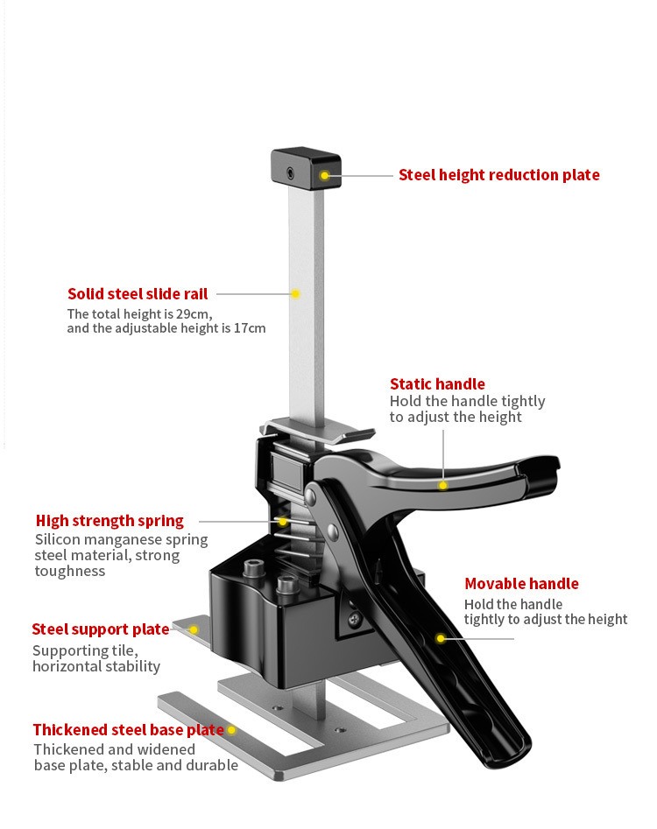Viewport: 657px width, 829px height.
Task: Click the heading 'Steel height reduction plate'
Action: click(498, 175)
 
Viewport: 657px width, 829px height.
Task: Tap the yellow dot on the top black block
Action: click(324, 176)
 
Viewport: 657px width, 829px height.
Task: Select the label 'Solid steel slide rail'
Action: click(138, 294)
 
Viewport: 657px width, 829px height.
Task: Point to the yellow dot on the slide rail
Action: click(296, 294)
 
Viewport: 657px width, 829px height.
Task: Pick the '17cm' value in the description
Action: click(247, 328)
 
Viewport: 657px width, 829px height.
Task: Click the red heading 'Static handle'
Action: click(437, 383)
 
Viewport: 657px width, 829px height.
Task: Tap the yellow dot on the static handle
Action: click(443, 484)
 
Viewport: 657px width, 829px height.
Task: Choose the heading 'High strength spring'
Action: click(109, 520)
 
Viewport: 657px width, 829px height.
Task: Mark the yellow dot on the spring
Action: click(281, 521)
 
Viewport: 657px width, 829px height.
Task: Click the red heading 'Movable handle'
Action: click(521, 584)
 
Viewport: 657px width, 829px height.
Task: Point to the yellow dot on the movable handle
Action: click(441, 638)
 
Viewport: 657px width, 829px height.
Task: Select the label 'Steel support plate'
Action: click(101, 629)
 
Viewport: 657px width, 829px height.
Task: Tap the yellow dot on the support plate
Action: click(194, 629)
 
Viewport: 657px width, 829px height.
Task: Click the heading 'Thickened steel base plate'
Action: click(128, 729)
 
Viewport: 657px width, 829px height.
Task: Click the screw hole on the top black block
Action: click(290, 173)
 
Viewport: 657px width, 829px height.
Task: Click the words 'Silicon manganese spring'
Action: click(109, 539)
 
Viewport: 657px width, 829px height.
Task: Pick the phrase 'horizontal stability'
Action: click(96, 666)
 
